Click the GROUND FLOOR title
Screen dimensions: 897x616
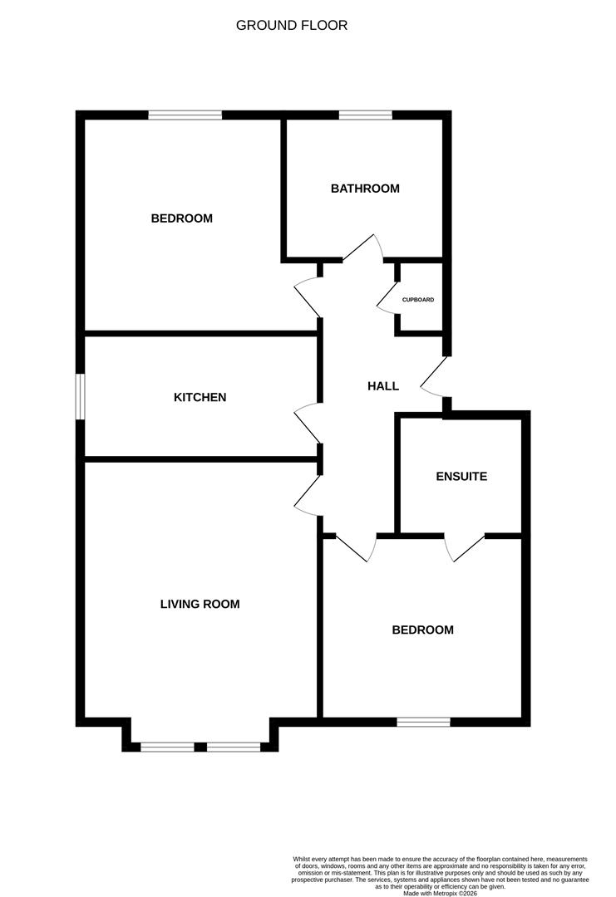pyautogui.click(x=292, y=26)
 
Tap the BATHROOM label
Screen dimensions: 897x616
pyautogui.click(x=365, y=189)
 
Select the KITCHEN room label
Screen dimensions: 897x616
pyautogui.click(x=200, y=398)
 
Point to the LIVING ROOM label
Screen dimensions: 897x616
pyautogui.click(x=200, y=605)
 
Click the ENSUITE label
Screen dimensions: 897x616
pyautogui.click(x=461, y=477)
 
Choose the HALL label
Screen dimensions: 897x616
pyautogui.click(x=383, y=386)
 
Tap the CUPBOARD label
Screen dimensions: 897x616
pyautogui.click(x=418, y=300)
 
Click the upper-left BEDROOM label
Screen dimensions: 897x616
pyautogui.click(x=181, y=218)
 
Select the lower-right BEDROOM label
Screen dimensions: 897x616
pyautogui.click(x=423, y=630)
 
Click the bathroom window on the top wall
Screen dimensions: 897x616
pyautogui.click(x=365, y=115)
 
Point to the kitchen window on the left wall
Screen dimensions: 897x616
pyautogui.click(x=81, y=397)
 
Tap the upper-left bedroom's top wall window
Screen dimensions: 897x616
pyautogui.click(x=185, y=115)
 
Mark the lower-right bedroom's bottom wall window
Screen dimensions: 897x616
pyautogui.click(x=423, y=722)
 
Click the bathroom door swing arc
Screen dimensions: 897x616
pyautogui.click(x=363, y=247)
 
